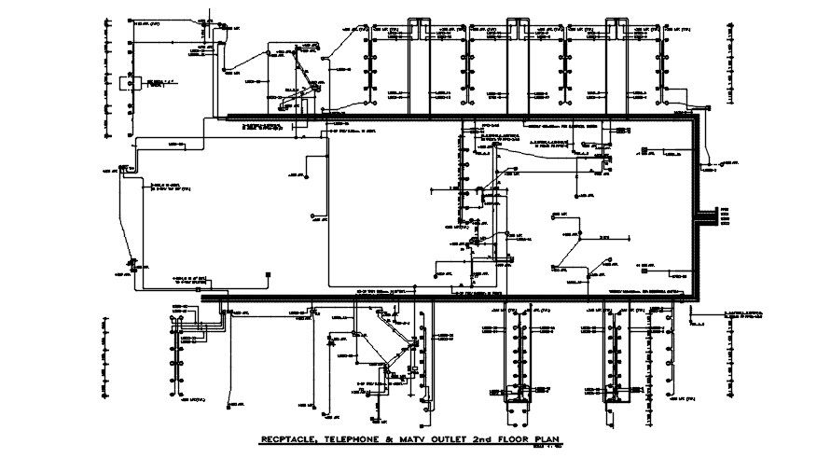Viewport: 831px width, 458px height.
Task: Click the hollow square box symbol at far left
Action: [x=136, y=83]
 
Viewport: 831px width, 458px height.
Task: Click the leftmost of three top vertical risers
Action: [x=420, y=65]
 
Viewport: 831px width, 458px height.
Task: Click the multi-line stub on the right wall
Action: [x=717, y=215]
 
